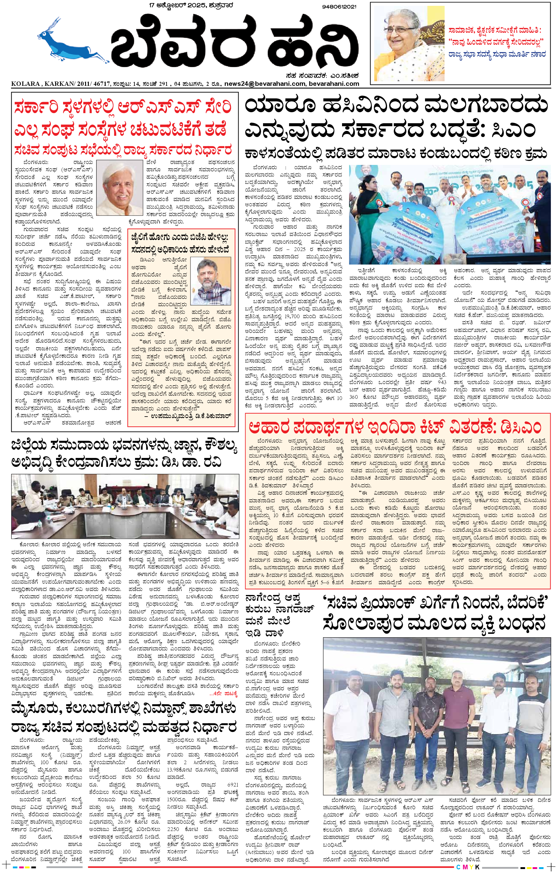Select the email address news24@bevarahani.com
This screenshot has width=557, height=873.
tap(265, 84)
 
